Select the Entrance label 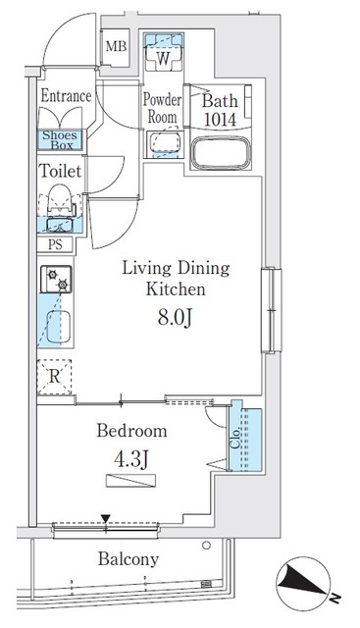[66, 96]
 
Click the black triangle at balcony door [106, 519]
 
